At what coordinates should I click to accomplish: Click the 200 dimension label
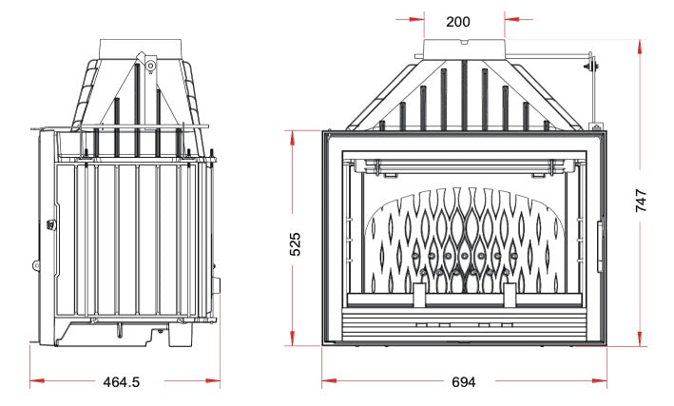coord(458,22)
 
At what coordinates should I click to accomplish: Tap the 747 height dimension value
coord(641,201)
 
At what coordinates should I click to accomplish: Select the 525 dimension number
coord(295,244)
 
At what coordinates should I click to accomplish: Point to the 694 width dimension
coord(464,381)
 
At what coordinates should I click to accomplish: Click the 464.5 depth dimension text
coord(122,381)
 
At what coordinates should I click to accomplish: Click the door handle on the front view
coord(600,247)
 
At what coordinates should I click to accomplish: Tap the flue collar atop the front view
coord(464,48)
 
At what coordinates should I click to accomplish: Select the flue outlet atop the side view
coord(141,49)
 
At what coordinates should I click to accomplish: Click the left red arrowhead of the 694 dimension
coord(329,380)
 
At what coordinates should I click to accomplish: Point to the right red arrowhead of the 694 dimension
coord(600,380)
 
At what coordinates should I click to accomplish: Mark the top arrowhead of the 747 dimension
coord(640,47)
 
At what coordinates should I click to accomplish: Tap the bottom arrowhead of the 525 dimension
coord(292,338)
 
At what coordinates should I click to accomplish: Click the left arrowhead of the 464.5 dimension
coord(37,380)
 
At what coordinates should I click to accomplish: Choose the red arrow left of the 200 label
coord(410,19)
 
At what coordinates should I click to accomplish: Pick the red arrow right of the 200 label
coord(518,19)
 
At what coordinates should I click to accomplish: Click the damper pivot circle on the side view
coord(150,66)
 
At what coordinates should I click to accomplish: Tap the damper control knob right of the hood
coord(591,67)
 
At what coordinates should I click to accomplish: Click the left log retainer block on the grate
coord(419,295)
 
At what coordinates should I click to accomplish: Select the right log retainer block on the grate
coord(510,295)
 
